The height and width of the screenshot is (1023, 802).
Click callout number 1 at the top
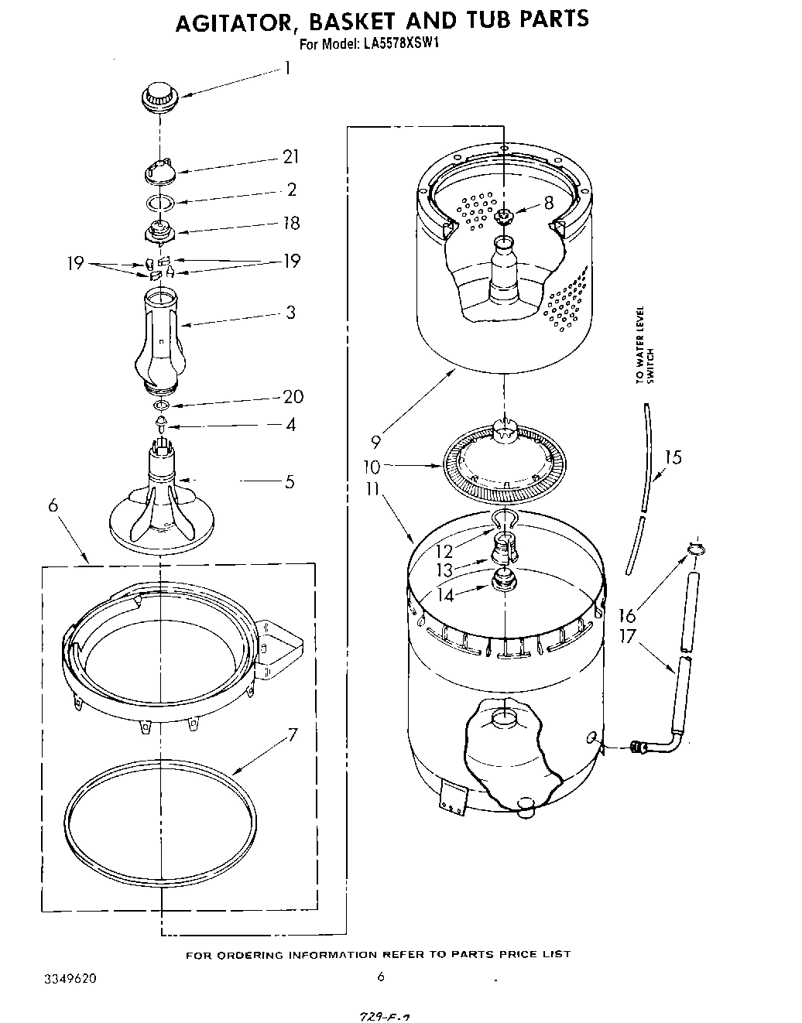click(x=286, y=68)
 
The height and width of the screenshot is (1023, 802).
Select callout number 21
click(x=290, y=157)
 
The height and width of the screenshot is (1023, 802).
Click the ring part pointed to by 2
click(x=160, y=203)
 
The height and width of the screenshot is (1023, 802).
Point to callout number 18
click(x=290, y=224)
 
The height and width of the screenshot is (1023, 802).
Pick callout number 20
click(x=293, y=397)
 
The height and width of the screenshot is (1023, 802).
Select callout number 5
click(x=290, y=482)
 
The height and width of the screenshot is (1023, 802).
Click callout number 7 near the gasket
click(x=292, y=734)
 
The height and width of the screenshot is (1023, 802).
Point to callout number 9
click(x=376, y=442)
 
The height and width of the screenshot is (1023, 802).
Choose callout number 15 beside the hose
click(x=673, y=458)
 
